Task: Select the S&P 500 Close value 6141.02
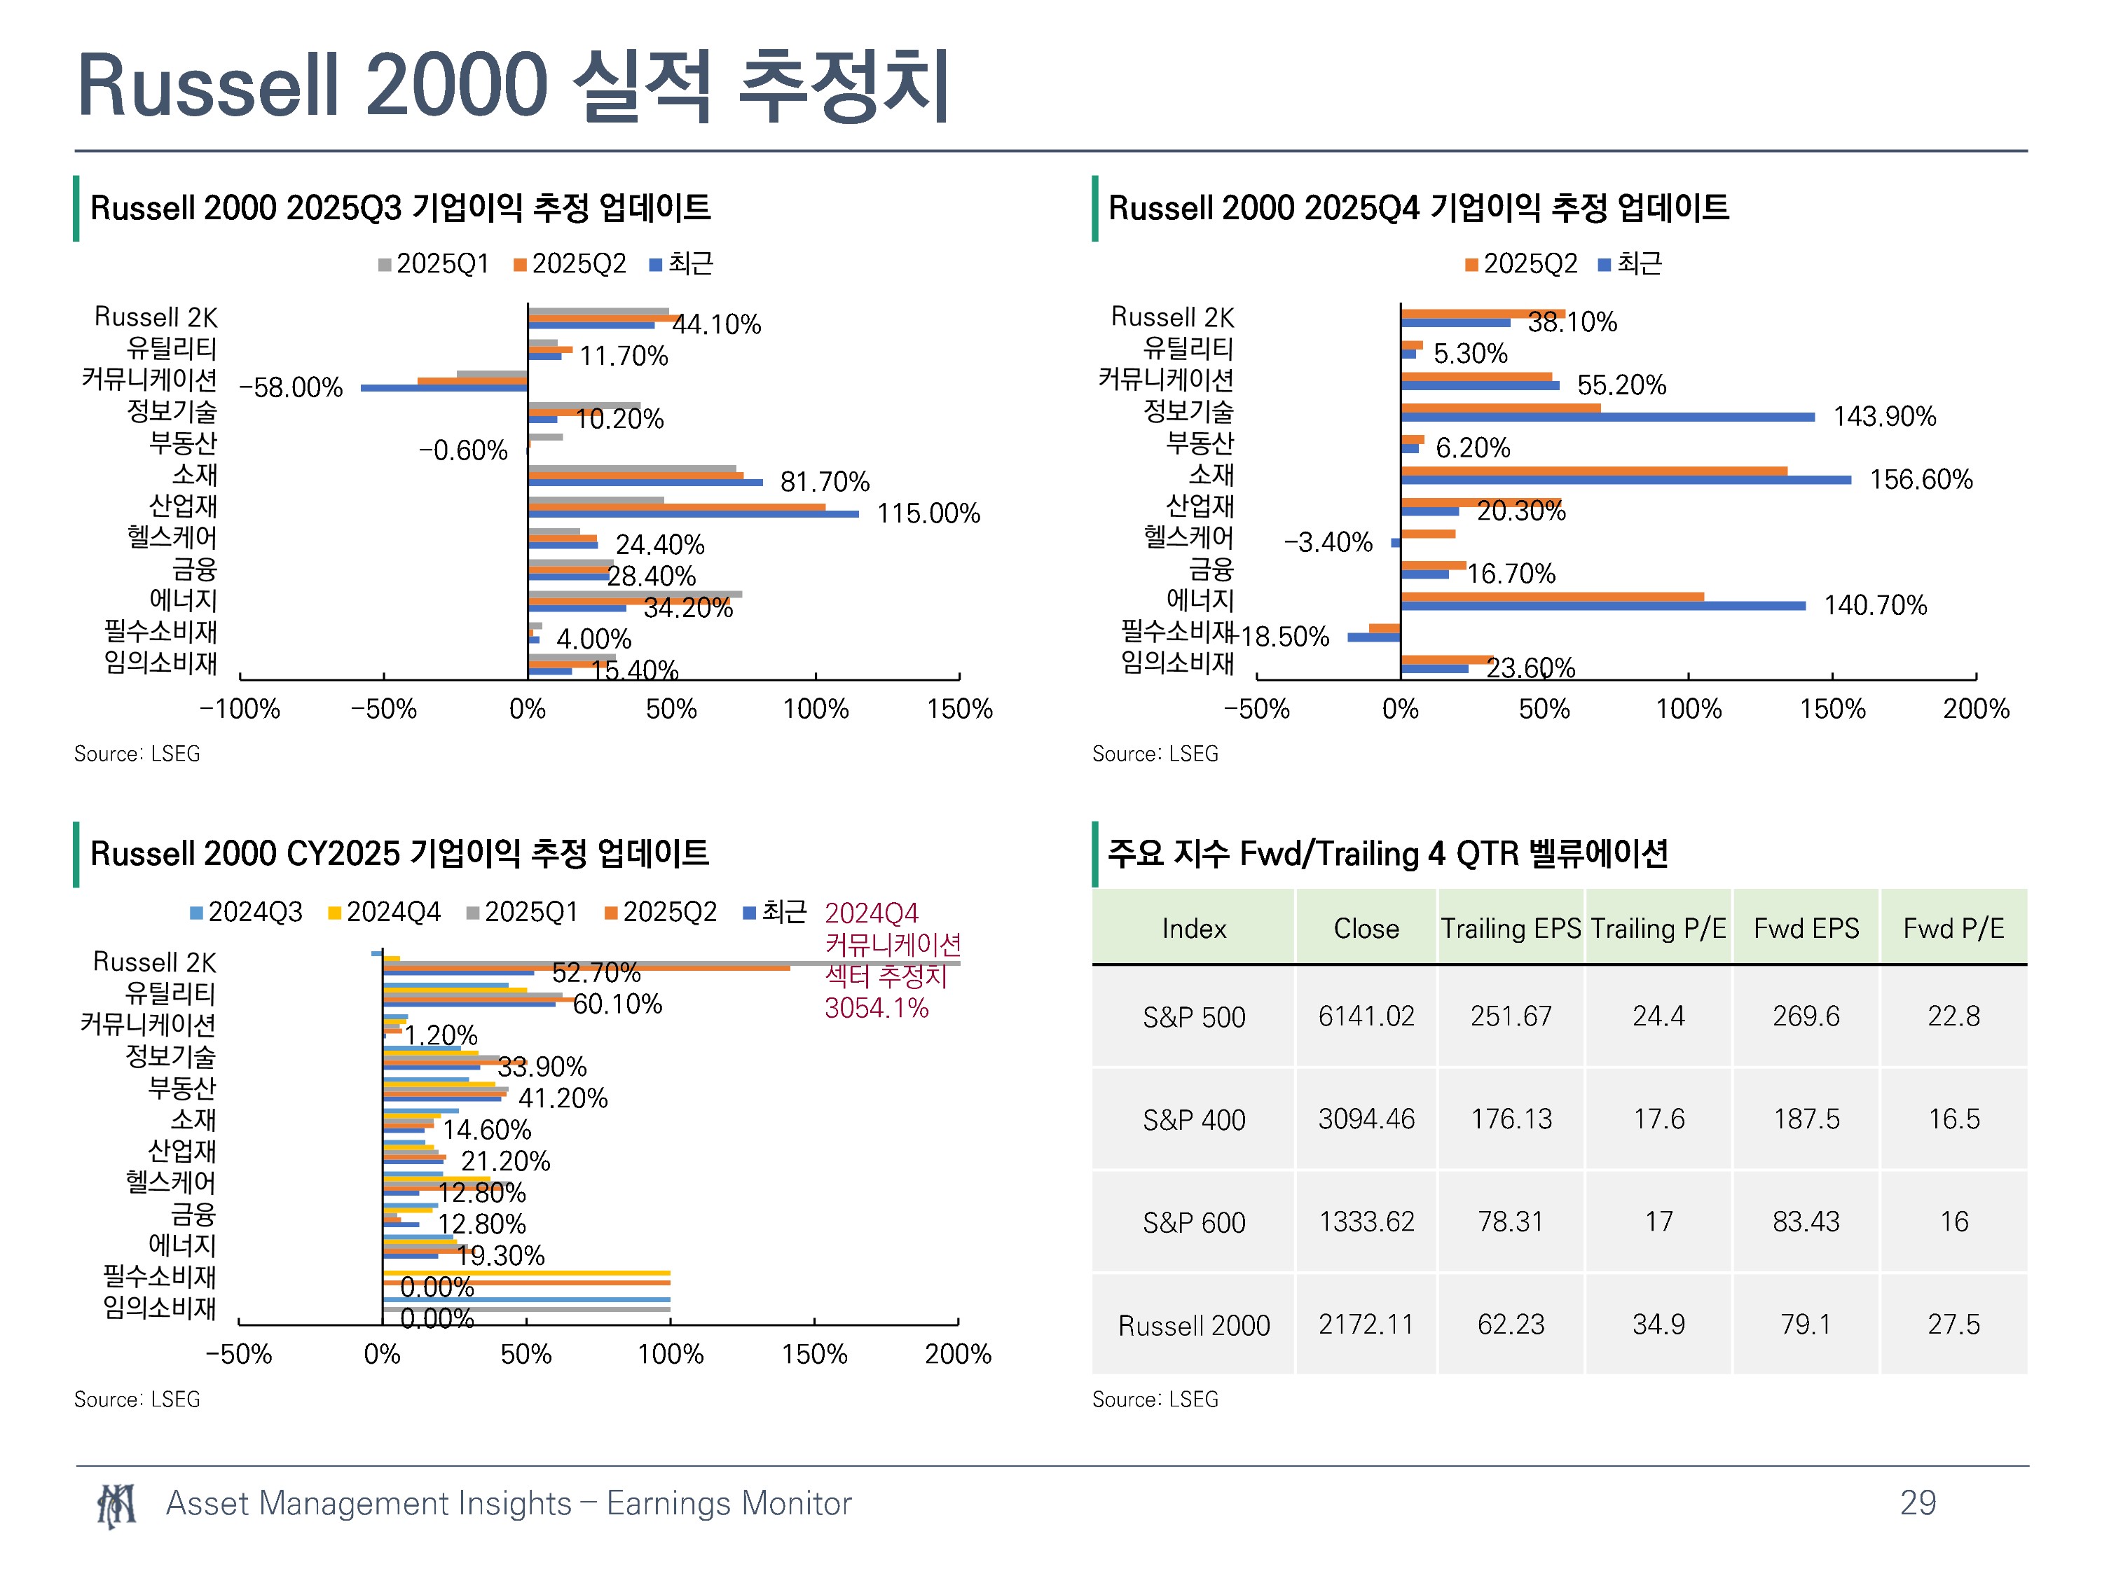pos(1366,1016)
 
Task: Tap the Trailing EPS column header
pos(1511,928)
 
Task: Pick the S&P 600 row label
pos(1193,1222)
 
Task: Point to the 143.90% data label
pos(1884,416)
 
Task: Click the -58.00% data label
pos(291,387)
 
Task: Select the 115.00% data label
pos(928,513)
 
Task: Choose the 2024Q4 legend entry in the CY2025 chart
pos(384,912)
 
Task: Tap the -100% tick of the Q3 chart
pos(240,709)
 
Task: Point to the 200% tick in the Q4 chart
pos(1976,709)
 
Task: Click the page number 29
pos(1918,1502)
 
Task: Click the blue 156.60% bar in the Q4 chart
pos(1626,480)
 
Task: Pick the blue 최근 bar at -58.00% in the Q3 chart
pos(444,387)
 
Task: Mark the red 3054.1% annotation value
pos(876,1008)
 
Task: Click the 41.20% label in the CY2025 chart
pos(563,1098)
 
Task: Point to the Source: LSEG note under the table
pos(1155,1399)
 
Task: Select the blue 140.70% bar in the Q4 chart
pos(1603,606)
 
